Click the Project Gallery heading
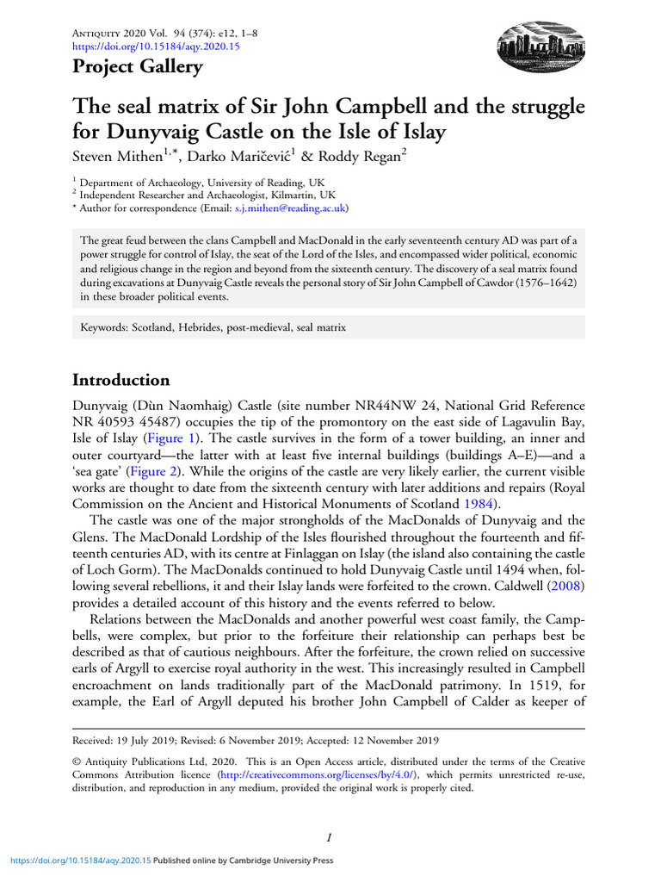point(138,66)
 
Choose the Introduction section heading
point(121,380)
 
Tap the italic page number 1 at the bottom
point(330,836)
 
